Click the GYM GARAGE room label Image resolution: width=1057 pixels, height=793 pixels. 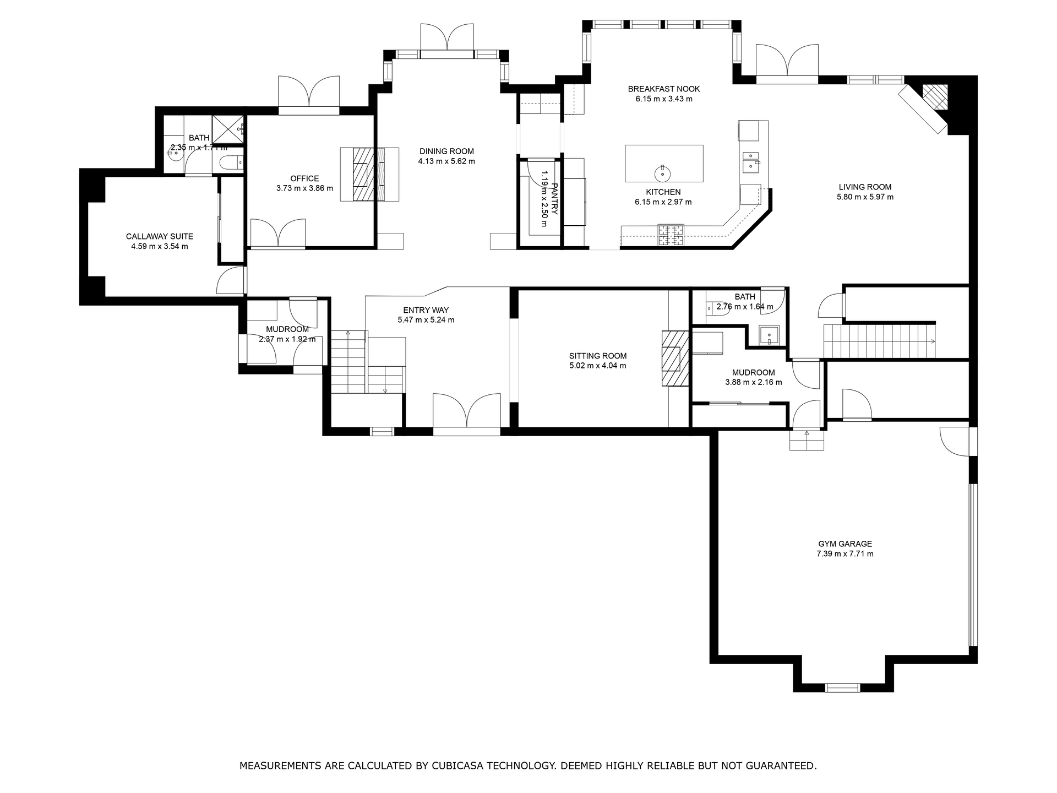[x=844, y=544]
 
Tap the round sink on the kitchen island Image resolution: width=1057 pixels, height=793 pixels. [x=663, y=174]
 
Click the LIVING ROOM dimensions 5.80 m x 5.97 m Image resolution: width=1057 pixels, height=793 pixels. [x=865, y=197]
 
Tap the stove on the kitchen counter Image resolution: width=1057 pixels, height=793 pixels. [x=671, y=235]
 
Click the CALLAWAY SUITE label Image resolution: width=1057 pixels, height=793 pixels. [x=159, y=236]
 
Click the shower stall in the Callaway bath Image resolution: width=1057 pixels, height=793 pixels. [x=228, y=129]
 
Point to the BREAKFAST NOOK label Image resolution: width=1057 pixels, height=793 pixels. [x=663, y=89]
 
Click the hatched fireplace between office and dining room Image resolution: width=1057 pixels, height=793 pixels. [x=363, y=175]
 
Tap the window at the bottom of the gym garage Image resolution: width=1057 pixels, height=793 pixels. [x=842, y=687]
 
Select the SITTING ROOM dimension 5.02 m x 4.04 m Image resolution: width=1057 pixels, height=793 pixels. [x=597, y=366]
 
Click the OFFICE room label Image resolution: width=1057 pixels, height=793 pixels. [x=304, y=178]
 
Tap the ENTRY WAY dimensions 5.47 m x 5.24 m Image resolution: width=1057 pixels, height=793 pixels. [x=426, y=320]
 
